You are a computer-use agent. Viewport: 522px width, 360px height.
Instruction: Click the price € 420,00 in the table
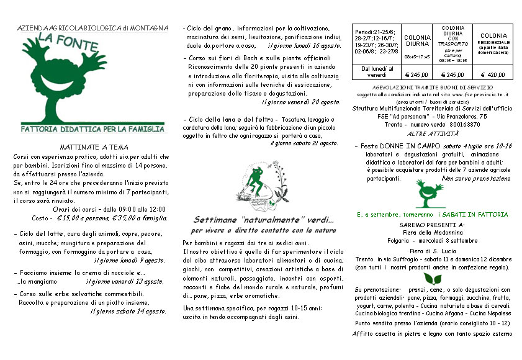(493, 74)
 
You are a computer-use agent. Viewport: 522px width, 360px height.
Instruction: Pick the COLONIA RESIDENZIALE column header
(493, 44)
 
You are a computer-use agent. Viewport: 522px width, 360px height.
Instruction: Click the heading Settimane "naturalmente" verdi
(263, 220)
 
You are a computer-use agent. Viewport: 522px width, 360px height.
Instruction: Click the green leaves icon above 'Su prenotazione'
(429, 278)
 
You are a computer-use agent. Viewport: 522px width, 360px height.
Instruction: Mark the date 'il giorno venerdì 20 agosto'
(301, 102)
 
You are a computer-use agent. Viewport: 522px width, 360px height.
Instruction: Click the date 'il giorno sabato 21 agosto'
(304, 144)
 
